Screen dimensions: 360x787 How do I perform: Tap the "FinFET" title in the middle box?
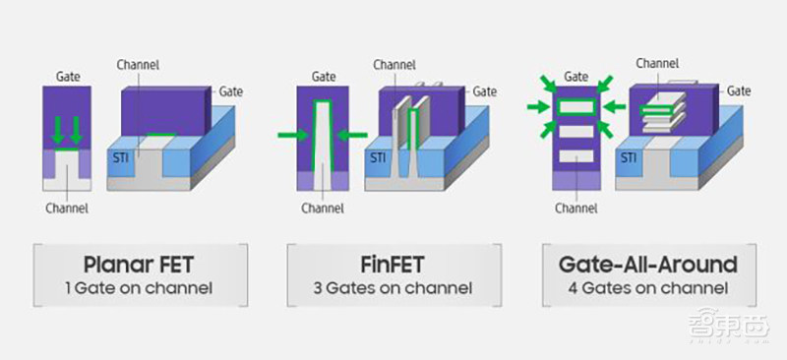click(x=393, y=265)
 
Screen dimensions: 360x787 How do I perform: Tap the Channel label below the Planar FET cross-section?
click(x=68, y=208)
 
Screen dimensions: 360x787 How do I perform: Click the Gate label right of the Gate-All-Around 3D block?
click(x=739, y=90)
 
